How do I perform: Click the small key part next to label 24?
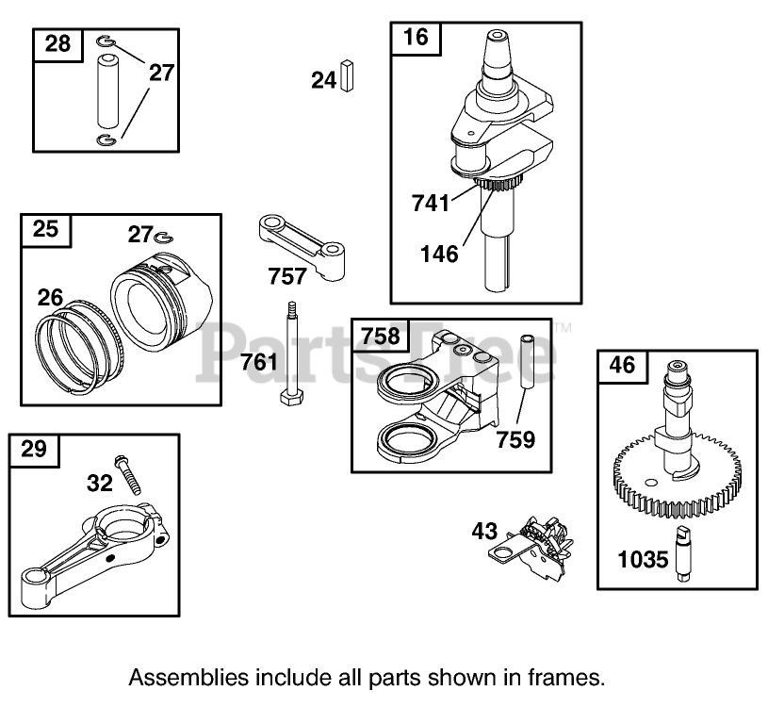point(348,76)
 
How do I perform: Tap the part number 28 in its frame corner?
point(58,43)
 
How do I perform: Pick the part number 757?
point(286,275)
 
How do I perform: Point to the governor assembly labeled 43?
point(532,549)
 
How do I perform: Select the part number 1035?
point(644,559)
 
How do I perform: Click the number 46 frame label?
point(624,365)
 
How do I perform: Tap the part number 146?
point(440,253)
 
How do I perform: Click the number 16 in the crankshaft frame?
point(416,37)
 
